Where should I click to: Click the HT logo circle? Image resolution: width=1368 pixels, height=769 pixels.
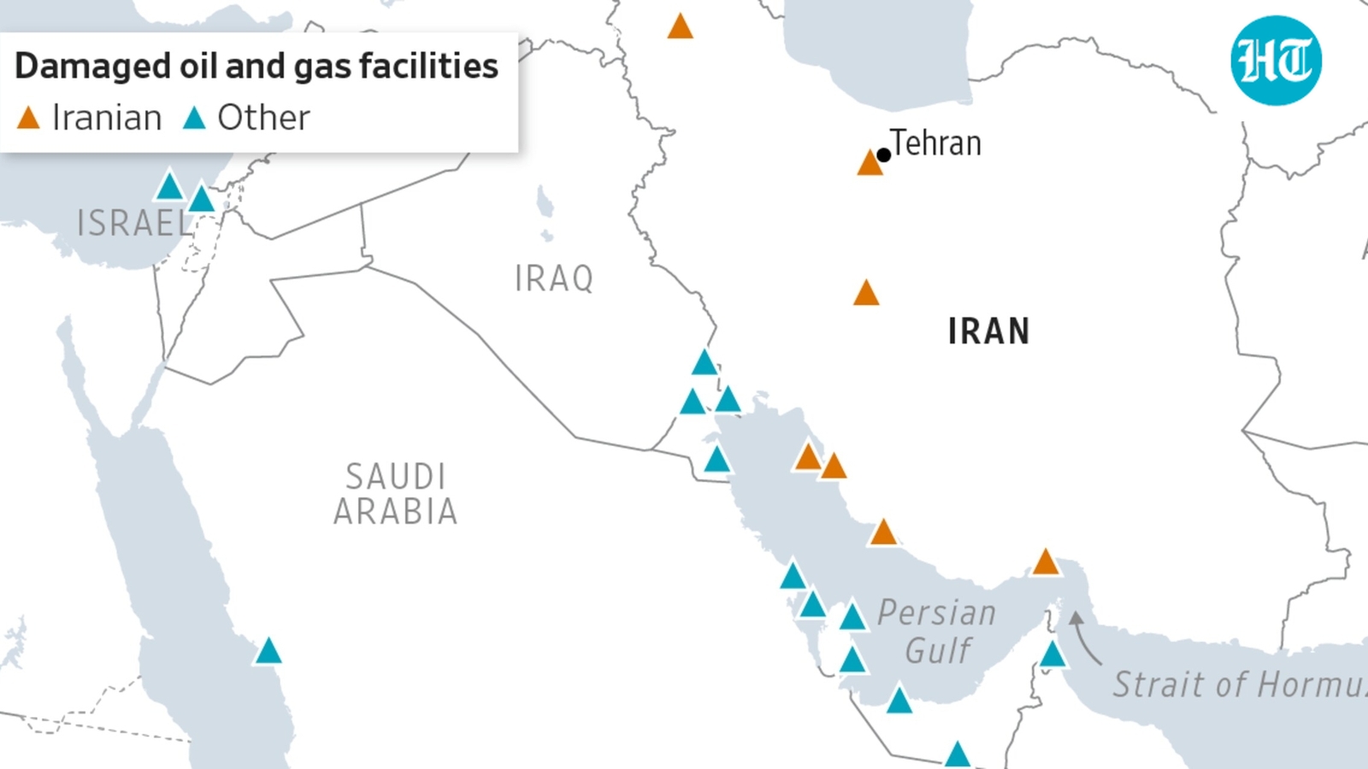pos(1276,61)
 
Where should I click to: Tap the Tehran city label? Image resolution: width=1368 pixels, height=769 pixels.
pos(935,143)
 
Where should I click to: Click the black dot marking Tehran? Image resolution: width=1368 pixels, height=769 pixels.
pos(884,155)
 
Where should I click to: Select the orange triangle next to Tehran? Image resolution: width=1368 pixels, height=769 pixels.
pos(870,163)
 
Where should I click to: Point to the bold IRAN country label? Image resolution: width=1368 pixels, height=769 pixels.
pos(988,332)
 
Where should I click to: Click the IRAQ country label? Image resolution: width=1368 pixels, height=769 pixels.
pos(554,279)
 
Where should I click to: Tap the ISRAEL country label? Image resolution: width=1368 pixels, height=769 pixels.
pos(134,223)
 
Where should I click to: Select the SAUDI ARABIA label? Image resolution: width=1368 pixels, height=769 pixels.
pos(395,494)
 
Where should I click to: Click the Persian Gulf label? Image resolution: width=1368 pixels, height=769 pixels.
pos(937,631)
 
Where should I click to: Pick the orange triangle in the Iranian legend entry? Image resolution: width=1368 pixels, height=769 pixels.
pos(28,118)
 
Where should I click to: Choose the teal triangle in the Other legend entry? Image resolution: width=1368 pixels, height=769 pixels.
pos(194,118)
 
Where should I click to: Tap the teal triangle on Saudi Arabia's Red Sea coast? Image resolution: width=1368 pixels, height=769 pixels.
pos(268,652)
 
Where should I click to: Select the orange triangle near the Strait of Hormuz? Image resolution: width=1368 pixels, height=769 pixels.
pos(1046,562)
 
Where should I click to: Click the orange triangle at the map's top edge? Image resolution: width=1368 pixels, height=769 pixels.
pos(680,26)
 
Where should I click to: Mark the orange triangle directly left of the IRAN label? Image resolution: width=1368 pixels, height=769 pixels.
pos(866,294)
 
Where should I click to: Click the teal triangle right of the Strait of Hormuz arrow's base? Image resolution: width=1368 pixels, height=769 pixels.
pos(1053,655)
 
